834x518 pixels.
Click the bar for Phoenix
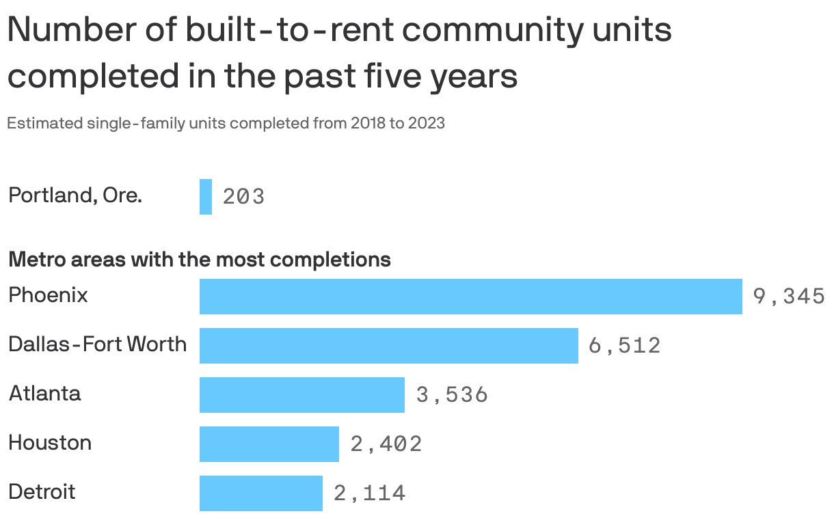point(470,297)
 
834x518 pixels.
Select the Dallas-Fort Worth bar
point(388,346)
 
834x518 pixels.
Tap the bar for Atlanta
point(301,395)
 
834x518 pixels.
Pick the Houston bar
point(269,444)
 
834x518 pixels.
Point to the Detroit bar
point(260,493)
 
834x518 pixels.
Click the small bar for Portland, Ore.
point(205,197)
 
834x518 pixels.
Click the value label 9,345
point(788,297)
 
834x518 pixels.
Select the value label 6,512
point(624,346)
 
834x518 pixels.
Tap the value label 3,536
point(451,395)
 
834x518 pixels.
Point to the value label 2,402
point(386,444)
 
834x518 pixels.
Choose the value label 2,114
point(369,493)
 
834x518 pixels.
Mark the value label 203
point(243,197)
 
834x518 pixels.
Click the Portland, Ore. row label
point(75,195)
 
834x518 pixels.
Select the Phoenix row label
point(48,295)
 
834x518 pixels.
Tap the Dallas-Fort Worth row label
point(97,344)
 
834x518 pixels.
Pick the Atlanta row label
point(44,394)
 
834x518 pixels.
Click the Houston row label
point(50,443)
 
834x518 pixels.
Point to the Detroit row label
point(42,492)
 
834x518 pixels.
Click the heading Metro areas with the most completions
point(199,260)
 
